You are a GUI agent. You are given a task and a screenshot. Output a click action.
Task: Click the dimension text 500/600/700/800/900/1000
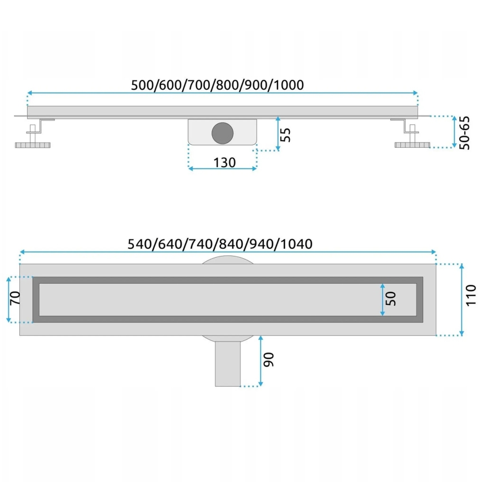[x=217, y=84]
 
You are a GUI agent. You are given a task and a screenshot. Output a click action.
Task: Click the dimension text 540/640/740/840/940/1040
[x=220, y=244]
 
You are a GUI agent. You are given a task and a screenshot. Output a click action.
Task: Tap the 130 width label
[x=224, y=162]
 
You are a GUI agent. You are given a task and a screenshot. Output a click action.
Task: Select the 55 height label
[x=285, y=134]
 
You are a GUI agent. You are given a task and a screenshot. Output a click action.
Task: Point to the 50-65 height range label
[x=466, y=133]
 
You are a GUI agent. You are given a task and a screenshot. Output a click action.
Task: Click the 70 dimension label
[x=16, y=299]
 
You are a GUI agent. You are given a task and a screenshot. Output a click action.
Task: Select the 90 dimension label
[x=269, y=360]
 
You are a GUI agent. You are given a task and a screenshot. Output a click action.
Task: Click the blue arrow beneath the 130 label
[x=223, y=169]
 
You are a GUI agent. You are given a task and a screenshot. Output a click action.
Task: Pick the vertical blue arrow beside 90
[x=260, y=361]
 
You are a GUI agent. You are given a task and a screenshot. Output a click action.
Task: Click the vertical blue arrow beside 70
[x=9, y=299]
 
